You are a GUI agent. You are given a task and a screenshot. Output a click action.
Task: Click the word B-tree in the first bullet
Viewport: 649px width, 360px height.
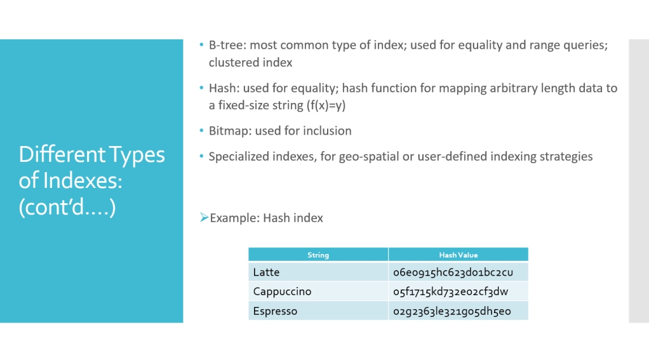tap(227, 45)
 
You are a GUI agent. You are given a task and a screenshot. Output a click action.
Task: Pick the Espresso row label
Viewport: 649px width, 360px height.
tap(275, 311)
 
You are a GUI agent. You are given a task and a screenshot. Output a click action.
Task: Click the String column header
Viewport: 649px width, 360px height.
tap(318, 255)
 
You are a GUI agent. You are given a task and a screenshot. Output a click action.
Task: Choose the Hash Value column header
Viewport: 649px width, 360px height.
tap(458, 255)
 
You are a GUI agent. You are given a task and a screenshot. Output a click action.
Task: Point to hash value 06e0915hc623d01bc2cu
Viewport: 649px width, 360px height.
tap(453, 272)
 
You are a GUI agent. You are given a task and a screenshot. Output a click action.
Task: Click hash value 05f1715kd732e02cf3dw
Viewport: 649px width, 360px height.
tap(450, 291)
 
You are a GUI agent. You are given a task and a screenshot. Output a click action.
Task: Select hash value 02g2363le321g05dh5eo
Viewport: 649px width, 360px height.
tap(452, 311)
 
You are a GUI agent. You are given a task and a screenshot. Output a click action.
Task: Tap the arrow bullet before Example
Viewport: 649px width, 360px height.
tap(204, 217)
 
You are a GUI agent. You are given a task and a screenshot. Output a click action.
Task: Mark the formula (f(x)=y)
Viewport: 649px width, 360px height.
tap(326, 105)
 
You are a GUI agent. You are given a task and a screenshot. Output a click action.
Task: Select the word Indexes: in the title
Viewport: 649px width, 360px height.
tap(83, 181)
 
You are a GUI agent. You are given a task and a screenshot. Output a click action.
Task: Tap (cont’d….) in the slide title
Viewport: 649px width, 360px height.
tap(67, 207)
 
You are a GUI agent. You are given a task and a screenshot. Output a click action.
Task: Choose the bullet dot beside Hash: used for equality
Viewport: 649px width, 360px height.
tap(201, 88)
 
